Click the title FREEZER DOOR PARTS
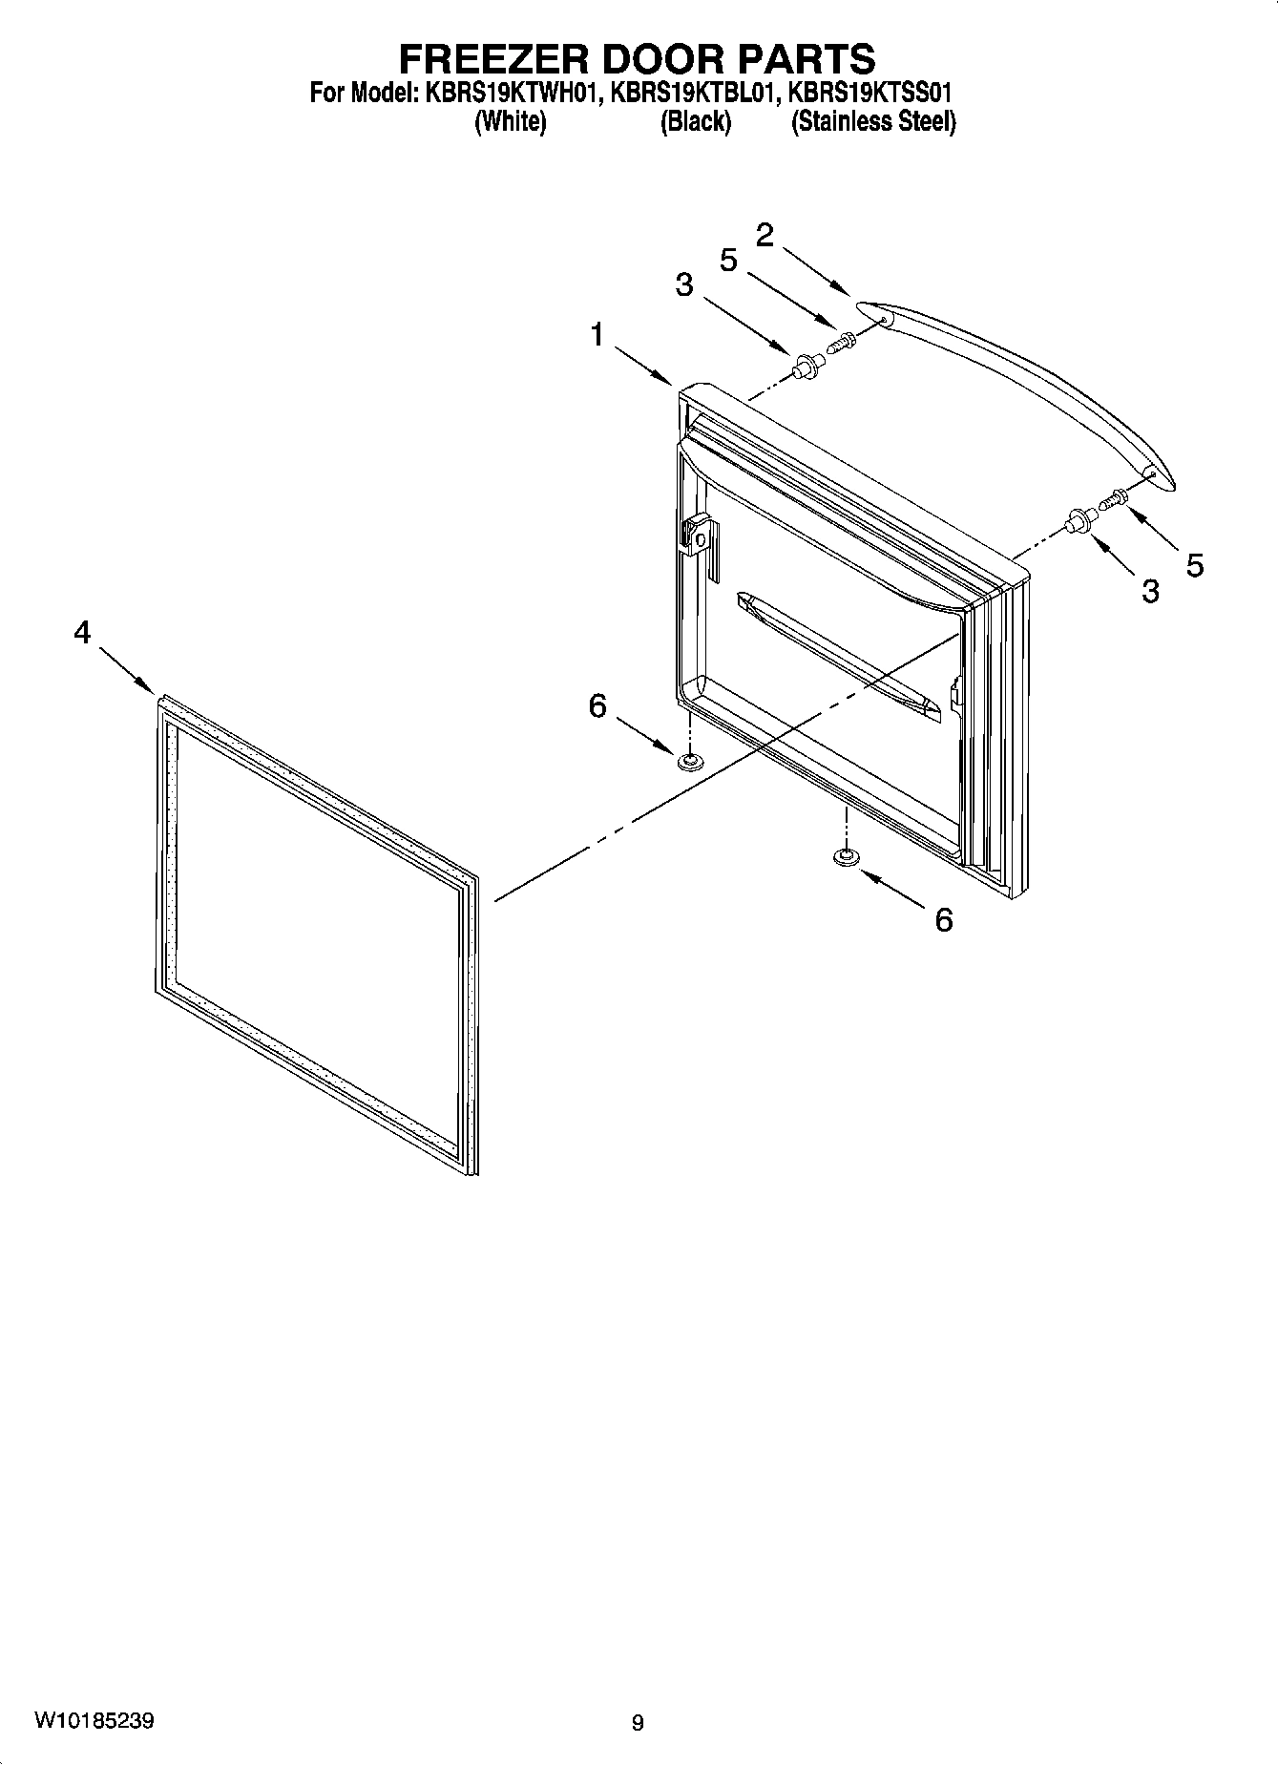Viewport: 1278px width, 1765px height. point(637,59)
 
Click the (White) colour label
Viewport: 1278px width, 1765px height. point(511,122)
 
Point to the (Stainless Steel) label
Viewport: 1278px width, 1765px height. point(872,122)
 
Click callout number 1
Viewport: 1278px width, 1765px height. point(597,336)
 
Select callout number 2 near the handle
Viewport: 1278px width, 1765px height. point(765,236)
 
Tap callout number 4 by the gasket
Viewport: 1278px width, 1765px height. point(83,632)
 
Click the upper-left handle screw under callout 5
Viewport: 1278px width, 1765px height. point(841,341)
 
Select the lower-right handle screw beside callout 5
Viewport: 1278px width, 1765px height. point(1114,498)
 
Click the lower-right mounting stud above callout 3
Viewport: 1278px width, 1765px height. point(1080,520)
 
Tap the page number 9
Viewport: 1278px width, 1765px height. point(638,1723)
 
